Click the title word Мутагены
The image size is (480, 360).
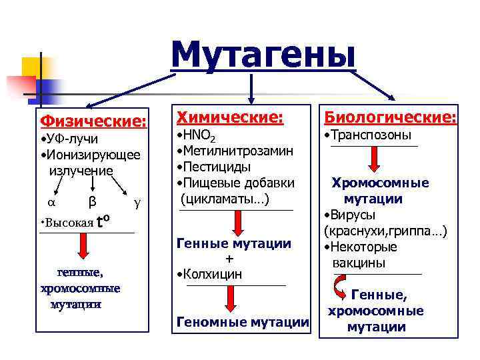point(263,53)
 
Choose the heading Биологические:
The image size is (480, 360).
point(390,117)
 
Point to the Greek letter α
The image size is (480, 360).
point(51,201)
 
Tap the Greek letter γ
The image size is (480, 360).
point(137,201)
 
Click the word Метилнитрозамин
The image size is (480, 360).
point(236,152)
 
